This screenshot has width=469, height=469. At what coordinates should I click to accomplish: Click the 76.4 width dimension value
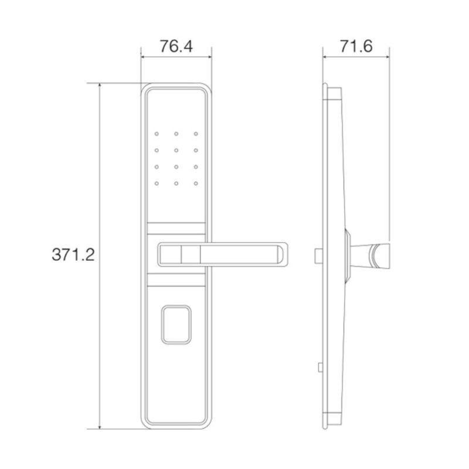pos(176,46)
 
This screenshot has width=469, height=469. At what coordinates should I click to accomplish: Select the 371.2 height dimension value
pos(73,255)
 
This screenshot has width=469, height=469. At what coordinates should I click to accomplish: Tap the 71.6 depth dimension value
pos(356,46)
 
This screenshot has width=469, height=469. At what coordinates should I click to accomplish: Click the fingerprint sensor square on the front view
pos(176,325)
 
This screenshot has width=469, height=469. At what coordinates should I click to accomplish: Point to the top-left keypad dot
pos(157,134)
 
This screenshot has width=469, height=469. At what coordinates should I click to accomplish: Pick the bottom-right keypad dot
pos(196,183)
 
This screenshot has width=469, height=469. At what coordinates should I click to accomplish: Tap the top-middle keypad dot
pos(176,134)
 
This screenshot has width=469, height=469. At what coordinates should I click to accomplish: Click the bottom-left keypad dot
pos(157,183)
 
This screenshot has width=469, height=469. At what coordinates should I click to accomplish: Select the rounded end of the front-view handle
pos(283,254)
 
